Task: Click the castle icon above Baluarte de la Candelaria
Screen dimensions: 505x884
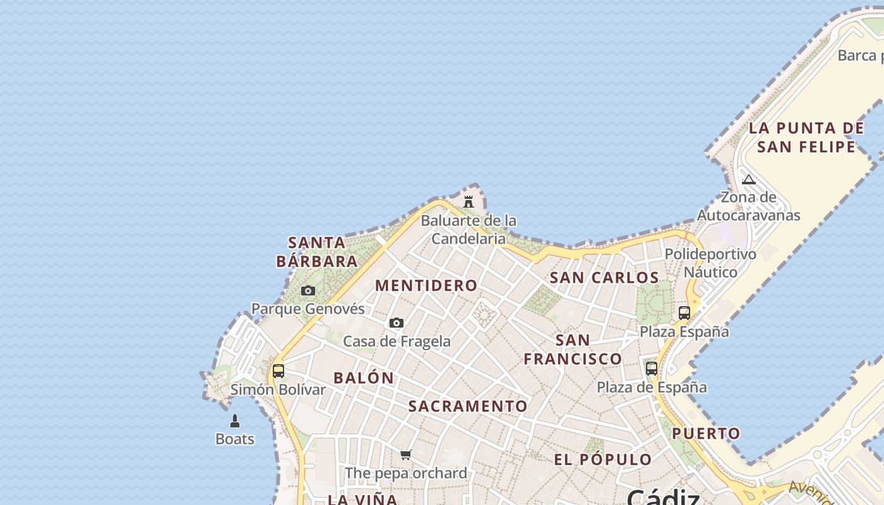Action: pyautogui.click(x=469, y=202)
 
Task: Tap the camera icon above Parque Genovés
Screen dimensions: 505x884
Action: pyautogui.click(x=308, y=290)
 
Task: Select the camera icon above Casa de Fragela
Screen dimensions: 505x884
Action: pyautogui.click(x=397, y=323)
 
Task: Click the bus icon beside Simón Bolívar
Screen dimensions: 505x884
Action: pyautogui.click(x=278, y=371)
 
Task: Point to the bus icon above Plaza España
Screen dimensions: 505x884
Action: pyautogui.click(x=684, y=312)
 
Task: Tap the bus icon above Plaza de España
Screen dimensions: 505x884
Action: pyautogui.click(x=652, y=368)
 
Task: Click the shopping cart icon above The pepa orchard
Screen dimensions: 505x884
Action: pyautogui.click(x=406, y=454)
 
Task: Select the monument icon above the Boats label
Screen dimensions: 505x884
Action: pyautogui.click(x=235, y=420)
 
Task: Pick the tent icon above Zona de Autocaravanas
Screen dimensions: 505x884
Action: pyautogui.click(x=749, y=179)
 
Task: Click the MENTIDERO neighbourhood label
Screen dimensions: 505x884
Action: pyautogui.click(x=426, y=285)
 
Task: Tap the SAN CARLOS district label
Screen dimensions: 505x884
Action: pyautogui.click(x=604, y=278)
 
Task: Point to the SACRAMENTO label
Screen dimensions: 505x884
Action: pyautogui.click(x=467, y=407)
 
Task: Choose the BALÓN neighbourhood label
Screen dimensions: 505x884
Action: pyautogui.click(x=364, y=378)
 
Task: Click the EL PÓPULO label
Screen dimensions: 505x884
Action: pyautogui.click(x=603, y=460)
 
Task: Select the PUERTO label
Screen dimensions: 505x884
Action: pyautogui.click(x=706, y=434)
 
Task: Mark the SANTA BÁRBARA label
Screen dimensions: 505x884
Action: pyautogui.click(x=317, y=252)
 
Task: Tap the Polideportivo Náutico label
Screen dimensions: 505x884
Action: pyautogui.click(x=710, y=263)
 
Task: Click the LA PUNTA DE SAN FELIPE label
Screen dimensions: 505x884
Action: pyautogui.click(x=806, y=138)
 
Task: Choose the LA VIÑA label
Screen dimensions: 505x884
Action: pyautogui.click(x=362, y=499)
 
